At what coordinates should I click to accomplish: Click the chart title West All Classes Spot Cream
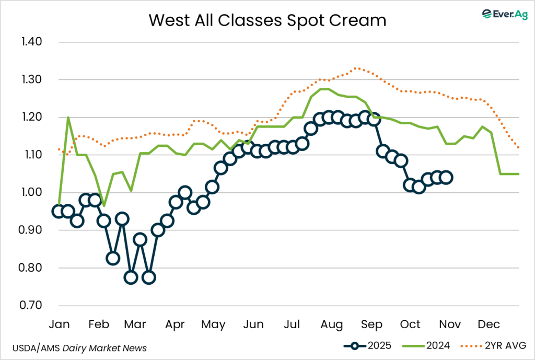tap(267, 20)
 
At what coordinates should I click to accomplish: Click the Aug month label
tap(332, 325)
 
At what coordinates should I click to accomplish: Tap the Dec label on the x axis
tap(489, 325)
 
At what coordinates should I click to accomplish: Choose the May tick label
tap(213, 325)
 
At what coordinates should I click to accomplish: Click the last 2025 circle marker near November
tap(446, 178)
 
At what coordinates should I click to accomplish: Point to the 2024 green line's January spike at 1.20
tap(68, 118)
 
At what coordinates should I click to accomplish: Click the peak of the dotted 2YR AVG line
tap(356, 68)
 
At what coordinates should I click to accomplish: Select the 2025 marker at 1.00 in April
tap(184, 193)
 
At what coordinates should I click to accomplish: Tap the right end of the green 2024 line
tap(518, 174)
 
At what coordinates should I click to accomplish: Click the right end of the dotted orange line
tap(518, 148)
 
